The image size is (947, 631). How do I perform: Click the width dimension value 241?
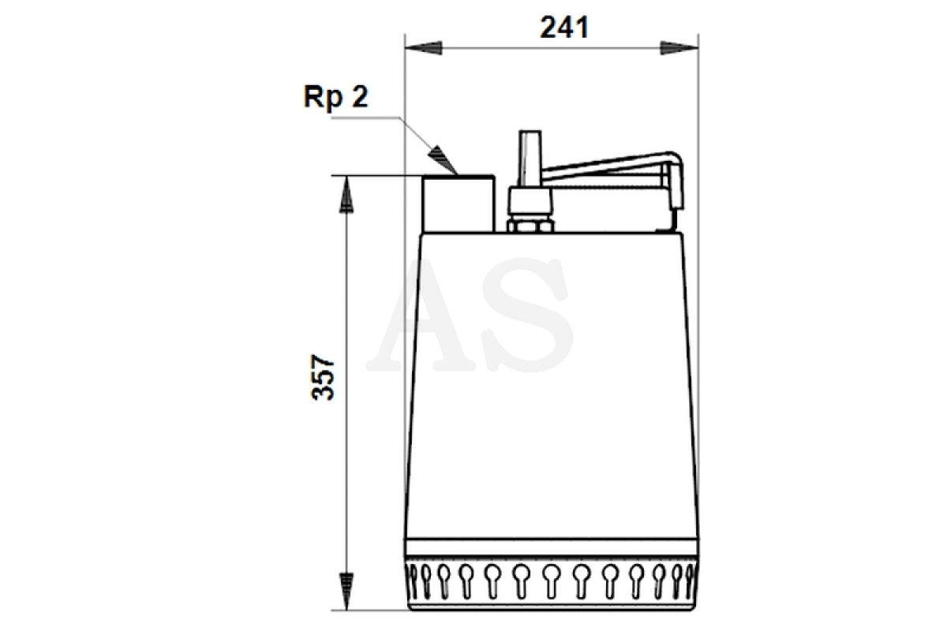564,28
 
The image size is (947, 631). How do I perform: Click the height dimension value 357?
323,377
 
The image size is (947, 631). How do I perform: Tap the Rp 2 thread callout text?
336,97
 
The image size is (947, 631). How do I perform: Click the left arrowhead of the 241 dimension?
424,47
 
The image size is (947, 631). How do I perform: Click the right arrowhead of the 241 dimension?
679,47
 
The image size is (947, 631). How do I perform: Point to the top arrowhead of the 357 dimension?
346,194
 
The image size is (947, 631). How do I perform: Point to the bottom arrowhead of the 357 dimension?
346,592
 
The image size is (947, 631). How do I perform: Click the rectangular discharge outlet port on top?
459,203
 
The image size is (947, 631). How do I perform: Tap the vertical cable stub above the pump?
530,159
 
